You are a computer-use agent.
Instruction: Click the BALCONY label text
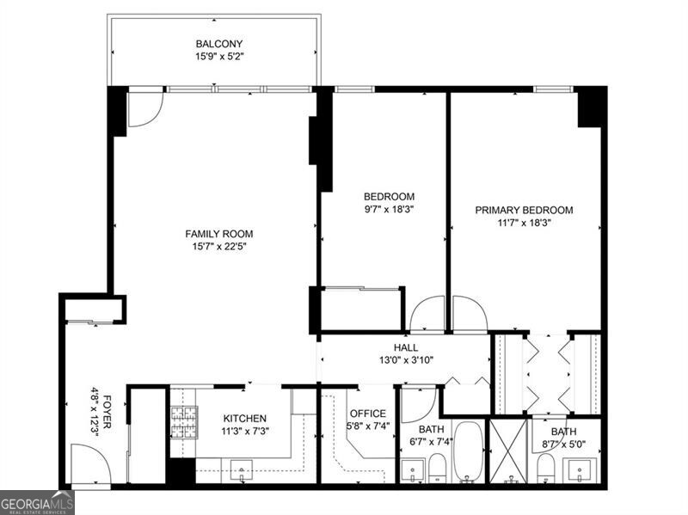point(219,44)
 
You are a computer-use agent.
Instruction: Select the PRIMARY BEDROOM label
point(524,209)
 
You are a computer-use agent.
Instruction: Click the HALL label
point(406,347)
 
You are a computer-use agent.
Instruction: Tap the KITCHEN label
point(245,418)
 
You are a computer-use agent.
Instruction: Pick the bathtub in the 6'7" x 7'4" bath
point(469,451)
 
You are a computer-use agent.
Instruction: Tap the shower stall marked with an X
point(507,451)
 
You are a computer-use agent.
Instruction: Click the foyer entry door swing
point(89,464)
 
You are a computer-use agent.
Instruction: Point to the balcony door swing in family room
point(144,108)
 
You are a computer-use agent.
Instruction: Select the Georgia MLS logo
point(37,502)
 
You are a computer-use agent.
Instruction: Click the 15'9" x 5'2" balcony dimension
point(219,58)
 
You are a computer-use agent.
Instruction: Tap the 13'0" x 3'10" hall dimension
point(406,360)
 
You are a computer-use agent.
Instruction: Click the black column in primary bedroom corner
point(592,107)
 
